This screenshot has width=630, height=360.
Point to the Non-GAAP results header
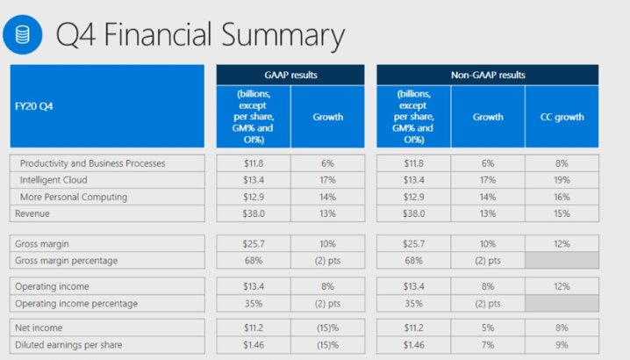pos(488,75)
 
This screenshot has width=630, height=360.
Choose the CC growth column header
pos(562,116)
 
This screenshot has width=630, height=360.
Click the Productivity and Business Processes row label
pos(92,163)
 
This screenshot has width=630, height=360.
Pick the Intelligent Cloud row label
pos(59,180)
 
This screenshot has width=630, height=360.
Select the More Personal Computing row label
pos(74,197)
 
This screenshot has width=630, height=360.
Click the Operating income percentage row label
pos(75,302)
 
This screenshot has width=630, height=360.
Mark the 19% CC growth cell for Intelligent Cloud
pos(562,180)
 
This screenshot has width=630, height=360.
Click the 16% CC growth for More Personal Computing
pos(562,197)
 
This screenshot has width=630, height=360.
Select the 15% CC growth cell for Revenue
pos(562,213)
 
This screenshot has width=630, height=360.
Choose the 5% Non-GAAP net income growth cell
pos(488,327)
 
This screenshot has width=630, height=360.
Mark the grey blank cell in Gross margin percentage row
pos(562,260)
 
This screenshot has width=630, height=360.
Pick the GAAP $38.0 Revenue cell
pos(253,213)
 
